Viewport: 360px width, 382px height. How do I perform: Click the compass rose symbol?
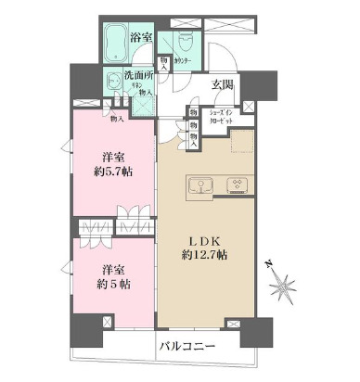284,284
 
